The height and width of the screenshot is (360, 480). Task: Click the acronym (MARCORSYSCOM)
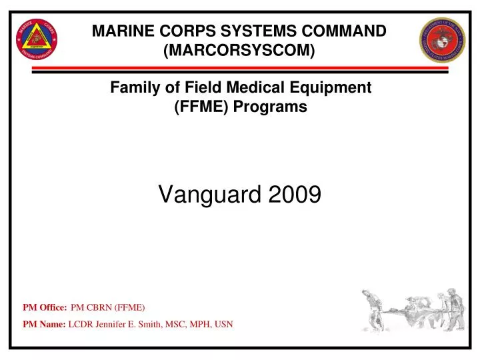pyautogui.click(x=239, y=50)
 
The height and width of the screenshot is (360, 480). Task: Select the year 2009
pyautogui.click(x=295, y=194)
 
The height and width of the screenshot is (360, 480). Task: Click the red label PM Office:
pyautogui.click(x=45, y=307)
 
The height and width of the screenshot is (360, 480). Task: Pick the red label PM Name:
pyautogui.click(x=44, y=325)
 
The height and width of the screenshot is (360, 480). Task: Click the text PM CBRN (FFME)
pyautogui.click(x=107, y=307)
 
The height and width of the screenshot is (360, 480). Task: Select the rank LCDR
pyautogui.click(x=81, y=325)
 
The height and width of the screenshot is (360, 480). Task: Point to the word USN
pyautogui.click(x=222, y=325)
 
